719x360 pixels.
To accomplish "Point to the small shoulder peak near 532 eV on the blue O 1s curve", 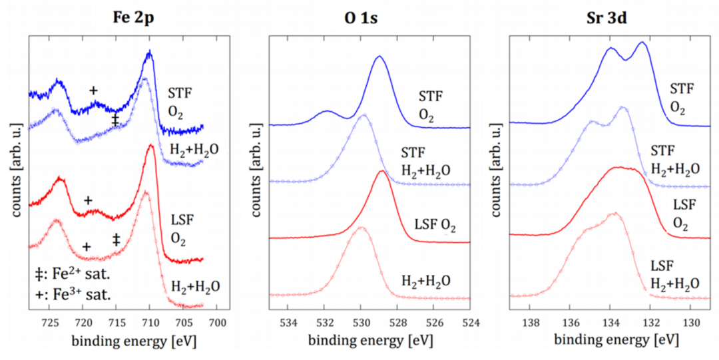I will pos(327,111).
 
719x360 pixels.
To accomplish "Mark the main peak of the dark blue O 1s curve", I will pos(379,57).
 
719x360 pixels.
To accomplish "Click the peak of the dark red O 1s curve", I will pos(381,171).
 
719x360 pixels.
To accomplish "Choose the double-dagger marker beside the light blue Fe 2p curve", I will pos(115,120).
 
